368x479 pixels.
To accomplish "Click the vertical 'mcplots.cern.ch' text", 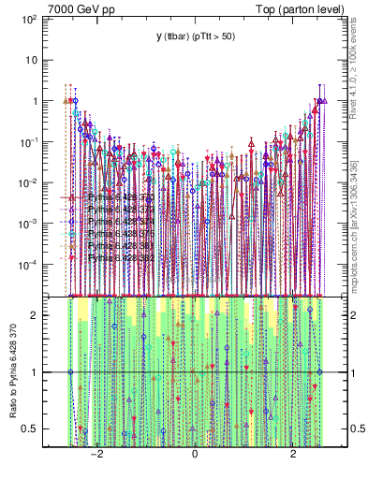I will (358, 215).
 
